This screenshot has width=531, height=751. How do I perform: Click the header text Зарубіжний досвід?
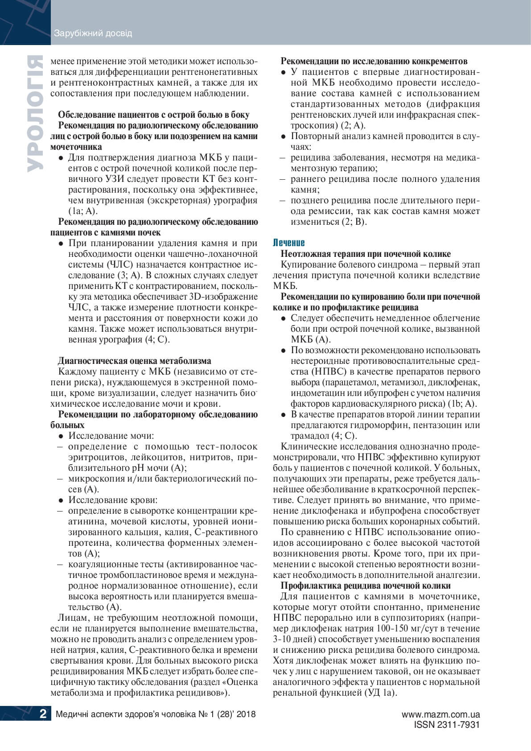pos(93,33)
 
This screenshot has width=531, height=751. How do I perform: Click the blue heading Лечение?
pos(288,243)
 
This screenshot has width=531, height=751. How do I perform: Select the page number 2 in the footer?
pos(43,714)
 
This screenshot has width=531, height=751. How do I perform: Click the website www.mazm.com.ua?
pos(440,714)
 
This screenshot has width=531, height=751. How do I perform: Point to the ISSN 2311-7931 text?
pos(447,725)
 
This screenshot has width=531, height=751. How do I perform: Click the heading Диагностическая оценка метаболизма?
pos(135,361)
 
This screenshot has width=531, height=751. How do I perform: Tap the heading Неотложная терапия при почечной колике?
pos(366,254)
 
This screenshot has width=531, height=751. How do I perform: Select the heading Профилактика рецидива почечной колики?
pos(366,586)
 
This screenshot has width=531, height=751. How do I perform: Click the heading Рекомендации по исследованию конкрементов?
pos(374,61)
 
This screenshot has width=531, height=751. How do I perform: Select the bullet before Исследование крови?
pos(61,500)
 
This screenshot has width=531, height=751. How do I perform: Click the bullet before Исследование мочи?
pos(61,436)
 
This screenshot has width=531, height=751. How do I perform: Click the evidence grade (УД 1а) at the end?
pos(380,693)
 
